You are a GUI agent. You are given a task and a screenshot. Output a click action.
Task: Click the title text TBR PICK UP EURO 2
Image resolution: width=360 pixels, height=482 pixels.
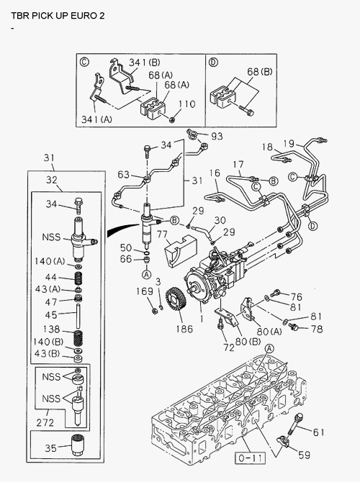58,15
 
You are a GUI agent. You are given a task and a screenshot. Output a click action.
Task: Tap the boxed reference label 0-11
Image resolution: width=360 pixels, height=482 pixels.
250,458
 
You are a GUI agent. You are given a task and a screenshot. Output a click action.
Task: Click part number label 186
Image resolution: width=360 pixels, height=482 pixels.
184,329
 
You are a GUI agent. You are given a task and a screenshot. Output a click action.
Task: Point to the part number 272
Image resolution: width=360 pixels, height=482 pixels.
45,423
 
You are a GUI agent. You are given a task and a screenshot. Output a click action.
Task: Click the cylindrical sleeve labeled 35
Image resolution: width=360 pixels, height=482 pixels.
78,446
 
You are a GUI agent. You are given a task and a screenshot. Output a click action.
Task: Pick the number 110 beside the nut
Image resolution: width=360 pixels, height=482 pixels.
186,104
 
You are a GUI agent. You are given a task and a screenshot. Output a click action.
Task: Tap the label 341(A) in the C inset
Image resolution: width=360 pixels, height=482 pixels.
96,119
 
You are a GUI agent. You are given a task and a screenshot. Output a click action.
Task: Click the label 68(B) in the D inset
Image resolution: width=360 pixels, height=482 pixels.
260,72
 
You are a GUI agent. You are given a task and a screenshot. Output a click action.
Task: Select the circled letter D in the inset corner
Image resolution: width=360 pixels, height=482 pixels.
213,63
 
